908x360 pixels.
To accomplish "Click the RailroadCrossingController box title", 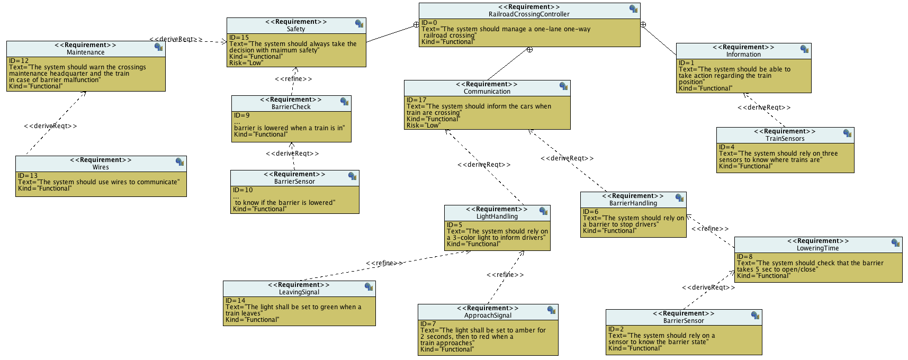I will [529, 14].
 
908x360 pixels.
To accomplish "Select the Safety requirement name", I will [296, 29].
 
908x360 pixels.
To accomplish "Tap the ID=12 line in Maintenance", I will [19, 61].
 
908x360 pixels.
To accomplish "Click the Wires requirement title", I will [101, 167].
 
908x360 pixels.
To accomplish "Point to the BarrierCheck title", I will [291, 107].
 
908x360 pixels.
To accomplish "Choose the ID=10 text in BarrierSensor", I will [243, 190].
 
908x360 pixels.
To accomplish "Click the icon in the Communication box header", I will [564, 86].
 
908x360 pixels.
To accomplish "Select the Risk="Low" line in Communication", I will [423, 125].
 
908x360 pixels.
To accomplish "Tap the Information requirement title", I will [743, 55].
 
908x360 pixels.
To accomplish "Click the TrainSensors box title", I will [785, 139].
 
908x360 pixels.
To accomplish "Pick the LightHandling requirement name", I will [497, 217].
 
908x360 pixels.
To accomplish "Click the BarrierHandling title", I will [633, 203].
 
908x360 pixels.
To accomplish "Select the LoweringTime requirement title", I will [817, 248].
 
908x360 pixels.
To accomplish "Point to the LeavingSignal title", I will [299, 292].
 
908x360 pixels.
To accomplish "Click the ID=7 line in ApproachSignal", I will [428, 324].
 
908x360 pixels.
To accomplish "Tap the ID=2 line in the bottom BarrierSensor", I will [616, 329].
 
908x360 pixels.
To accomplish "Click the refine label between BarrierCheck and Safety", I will [293, 79].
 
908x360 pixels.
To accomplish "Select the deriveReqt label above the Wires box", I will [50, 126].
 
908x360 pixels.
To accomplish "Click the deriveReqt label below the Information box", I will [764, 107].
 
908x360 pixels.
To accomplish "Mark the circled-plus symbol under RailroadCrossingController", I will [529, 50].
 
